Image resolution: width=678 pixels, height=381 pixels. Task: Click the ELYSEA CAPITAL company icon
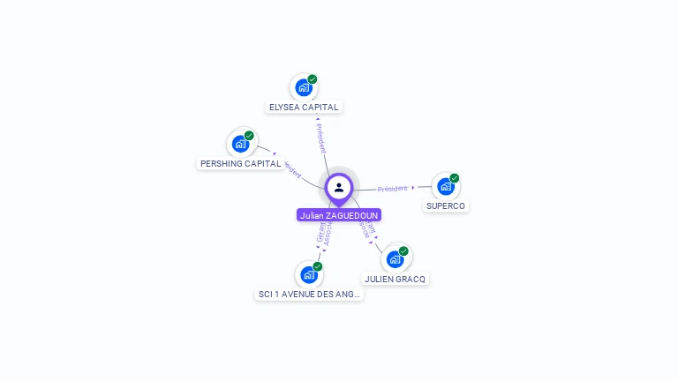304,88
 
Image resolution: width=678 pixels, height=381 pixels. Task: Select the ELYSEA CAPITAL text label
304,108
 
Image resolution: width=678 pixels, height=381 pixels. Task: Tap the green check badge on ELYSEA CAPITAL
313,79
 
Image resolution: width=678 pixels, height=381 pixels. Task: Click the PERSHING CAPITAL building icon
240,144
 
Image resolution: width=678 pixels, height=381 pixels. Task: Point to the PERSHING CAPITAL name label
240,164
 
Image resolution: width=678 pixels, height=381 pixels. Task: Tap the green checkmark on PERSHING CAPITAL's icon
249,136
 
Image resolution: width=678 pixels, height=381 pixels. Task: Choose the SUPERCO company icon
445,186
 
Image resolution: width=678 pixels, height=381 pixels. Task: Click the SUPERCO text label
445,206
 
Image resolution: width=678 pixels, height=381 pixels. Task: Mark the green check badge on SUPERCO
455,178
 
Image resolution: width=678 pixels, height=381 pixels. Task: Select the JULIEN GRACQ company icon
395,259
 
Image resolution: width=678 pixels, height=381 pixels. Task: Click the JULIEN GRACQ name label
395,280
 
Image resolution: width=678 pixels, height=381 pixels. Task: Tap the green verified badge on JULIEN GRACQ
403,251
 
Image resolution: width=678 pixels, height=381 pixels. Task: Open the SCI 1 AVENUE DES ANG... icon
308,274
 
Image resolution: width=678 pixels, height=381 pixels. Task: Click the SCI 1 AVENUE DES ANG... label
309,295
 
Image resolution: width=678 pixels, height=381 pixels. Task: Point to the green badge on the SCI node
318,266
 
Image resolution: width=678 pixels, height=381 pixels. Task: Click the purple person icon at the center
339,187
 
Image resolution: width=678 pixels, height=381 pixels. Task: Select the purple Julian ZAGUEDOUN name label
339,215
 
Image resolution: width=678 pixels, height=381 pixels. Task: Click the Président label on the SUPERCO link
393,189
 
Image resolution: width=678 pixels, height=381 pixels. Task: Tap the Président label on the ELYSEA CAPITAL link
321,137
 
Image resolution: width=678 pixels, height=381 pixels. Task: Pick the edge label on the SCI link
324,234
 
